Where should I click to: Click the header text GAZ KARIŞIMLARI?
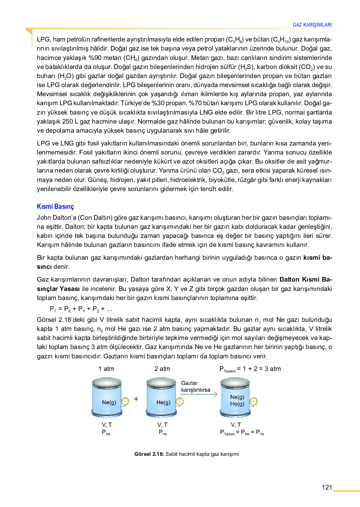tap(312, 25)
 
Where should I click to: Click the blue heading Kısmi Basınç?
tap(55, 207)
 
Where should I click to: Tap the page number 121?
tap(327, 487)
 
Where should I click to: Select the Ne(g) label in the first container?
tap(109, 402)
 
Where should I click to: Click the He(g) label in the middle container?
tap(163, 402)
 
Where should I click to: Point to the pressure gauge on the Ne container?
tap(125, 401)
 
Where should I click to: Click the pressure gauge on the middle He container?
tap(180, 401)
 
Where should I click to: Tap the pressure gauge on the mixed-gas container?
tap(253, 401)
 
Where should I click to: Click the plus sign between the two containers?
tap(136, 399)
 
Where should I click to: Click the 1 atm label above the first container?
tap(106, 369)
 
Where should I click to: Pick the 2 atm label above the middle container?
tap(162, 369)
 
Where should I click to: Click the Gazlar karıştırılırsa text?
tap(196, 386)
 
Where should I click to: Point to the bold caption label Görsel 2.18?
tap(149, 454)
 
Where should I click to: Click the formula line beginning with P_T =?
tap(81, 309)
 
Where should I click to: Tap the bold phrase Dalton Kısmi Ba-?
tap(306, 279)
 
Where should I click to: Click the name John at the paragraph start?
tap(43, 218)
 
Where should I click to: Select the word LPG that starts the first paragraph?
tap(43, 39)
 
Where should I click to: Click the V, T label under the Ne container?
tap(107, 425)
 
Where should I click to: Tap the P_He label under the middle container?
tap(162, 432)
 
